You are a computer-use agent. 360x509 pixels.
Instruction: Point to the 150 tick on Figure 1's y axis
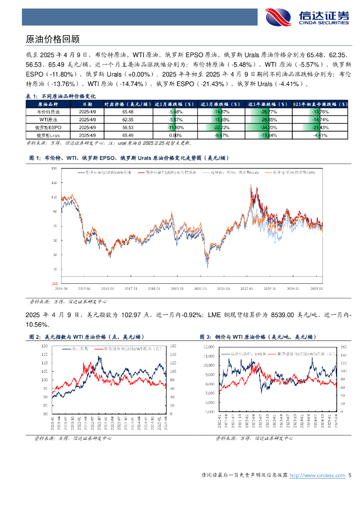point(54,169)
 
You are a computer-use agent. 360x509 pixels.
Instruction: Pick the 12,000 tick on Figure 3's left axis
point(209,345)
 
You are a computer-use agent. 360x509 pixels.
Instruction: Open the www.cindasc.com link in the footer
point(317,476)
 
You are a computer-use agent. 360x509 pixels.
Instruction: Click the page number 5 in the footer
point(350,476)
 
